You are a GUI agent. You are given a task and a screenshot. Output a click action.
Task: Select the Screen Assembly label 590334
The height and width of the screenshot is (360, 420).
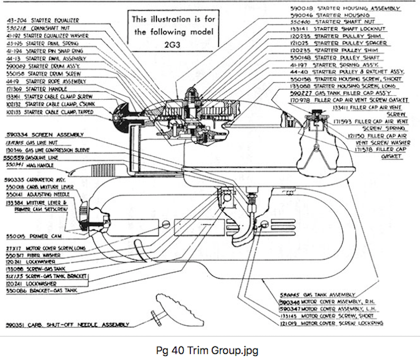[44, 134]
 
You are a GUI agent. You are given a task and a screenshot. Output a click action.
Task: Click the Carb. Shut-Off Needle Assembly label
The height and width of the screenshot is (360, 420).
[67, 325]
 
